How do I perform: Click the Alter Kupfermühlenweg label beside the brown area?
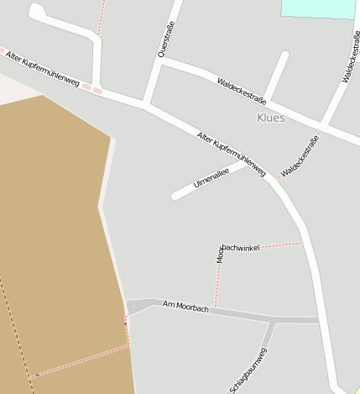click(x=42, y=70)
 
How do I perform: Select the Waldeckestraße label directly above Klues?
click(x=241, y=90)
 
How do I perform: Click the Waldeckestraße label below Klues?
click(x=300, y=156)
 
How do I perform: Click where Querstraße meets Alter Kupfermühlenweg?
click(x=145, y=104)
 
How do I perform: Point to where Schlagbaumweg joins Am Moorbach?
click(x=273, y=320)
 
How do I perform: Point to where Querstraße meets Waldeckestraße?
click(x=159, y=61)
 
